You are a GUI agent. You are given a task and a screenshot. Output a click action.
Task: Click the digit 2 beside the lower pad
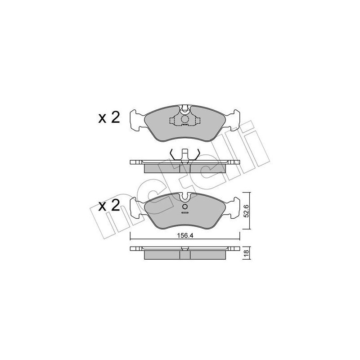(x=115, y=206)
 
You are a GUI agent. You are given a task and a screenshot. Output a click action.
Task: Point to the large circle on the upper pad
(x=184, y=120)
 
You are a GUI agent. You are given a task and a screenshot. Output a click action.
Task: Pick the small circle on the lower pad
(x=184, y=207)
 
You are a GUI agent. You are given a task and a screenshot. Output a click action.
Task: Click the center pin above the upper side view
(x=184, y=154)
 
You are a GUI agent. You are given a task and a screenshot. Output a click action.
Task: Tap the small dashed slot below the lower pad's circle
(x=184, y=215)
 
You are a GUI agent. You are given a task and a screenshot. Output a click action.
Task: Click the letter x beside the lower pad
(x=103, y=207)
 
